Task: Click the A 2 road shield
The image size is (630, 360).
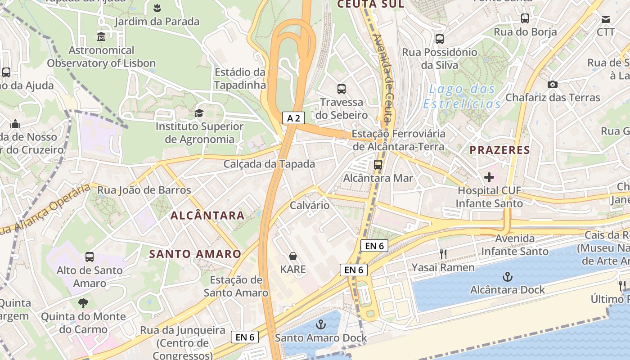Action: click(x=294, y=118)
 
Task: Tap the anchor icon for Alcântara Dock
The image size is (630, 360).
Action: click(x=508, y=276)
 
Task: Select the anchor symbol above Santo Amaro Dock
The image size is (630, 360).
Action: click(x=320, y=324)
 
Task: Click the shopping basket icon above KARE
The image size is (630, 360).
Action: click(x=293, y=256)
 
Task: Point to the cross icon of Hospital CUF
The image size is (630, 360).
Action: click(x=489, y=177)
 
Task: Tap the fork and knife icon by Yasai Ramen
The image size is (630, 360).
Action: click(x=443, y=254)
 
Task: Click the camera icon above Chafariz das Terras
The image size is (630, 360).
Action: click(x=552, y=84)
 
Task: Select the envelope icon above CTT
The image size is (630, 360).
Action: click(x=605, y=19)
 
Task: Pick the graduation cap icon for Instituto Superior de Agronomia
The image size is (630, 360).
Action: click(x=199, y=113)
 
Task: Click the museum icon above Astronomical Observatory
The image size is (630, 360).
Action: click(x=101, y=36)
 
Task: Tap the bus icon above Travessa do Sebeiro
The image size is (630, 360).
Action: click(x=342, y=89)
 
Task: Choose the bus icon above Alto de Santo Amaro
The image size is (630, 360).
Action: click(x=90, y=257)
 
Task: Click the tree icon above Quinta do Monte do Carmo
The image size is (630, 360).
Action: click(x=83, y=303)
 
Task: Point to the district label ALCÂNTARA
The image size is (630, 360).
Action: click(x=207, y=216)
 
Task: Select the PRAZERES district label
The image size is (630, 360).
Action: click(x=500, y=150)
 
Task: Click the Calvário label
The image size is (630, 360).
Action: click(x=310, y=205)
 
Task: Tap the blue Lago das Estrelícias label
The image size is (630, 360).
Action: click(x=462, y=96)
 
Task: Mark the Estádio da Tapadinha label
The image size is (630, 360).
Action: click(x=240, y=78)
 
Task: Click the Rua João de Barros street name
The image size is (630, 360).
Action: click(x=144, y=190)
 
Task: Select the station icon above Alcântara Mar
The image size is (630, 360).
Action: click(x=378, y=165)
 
